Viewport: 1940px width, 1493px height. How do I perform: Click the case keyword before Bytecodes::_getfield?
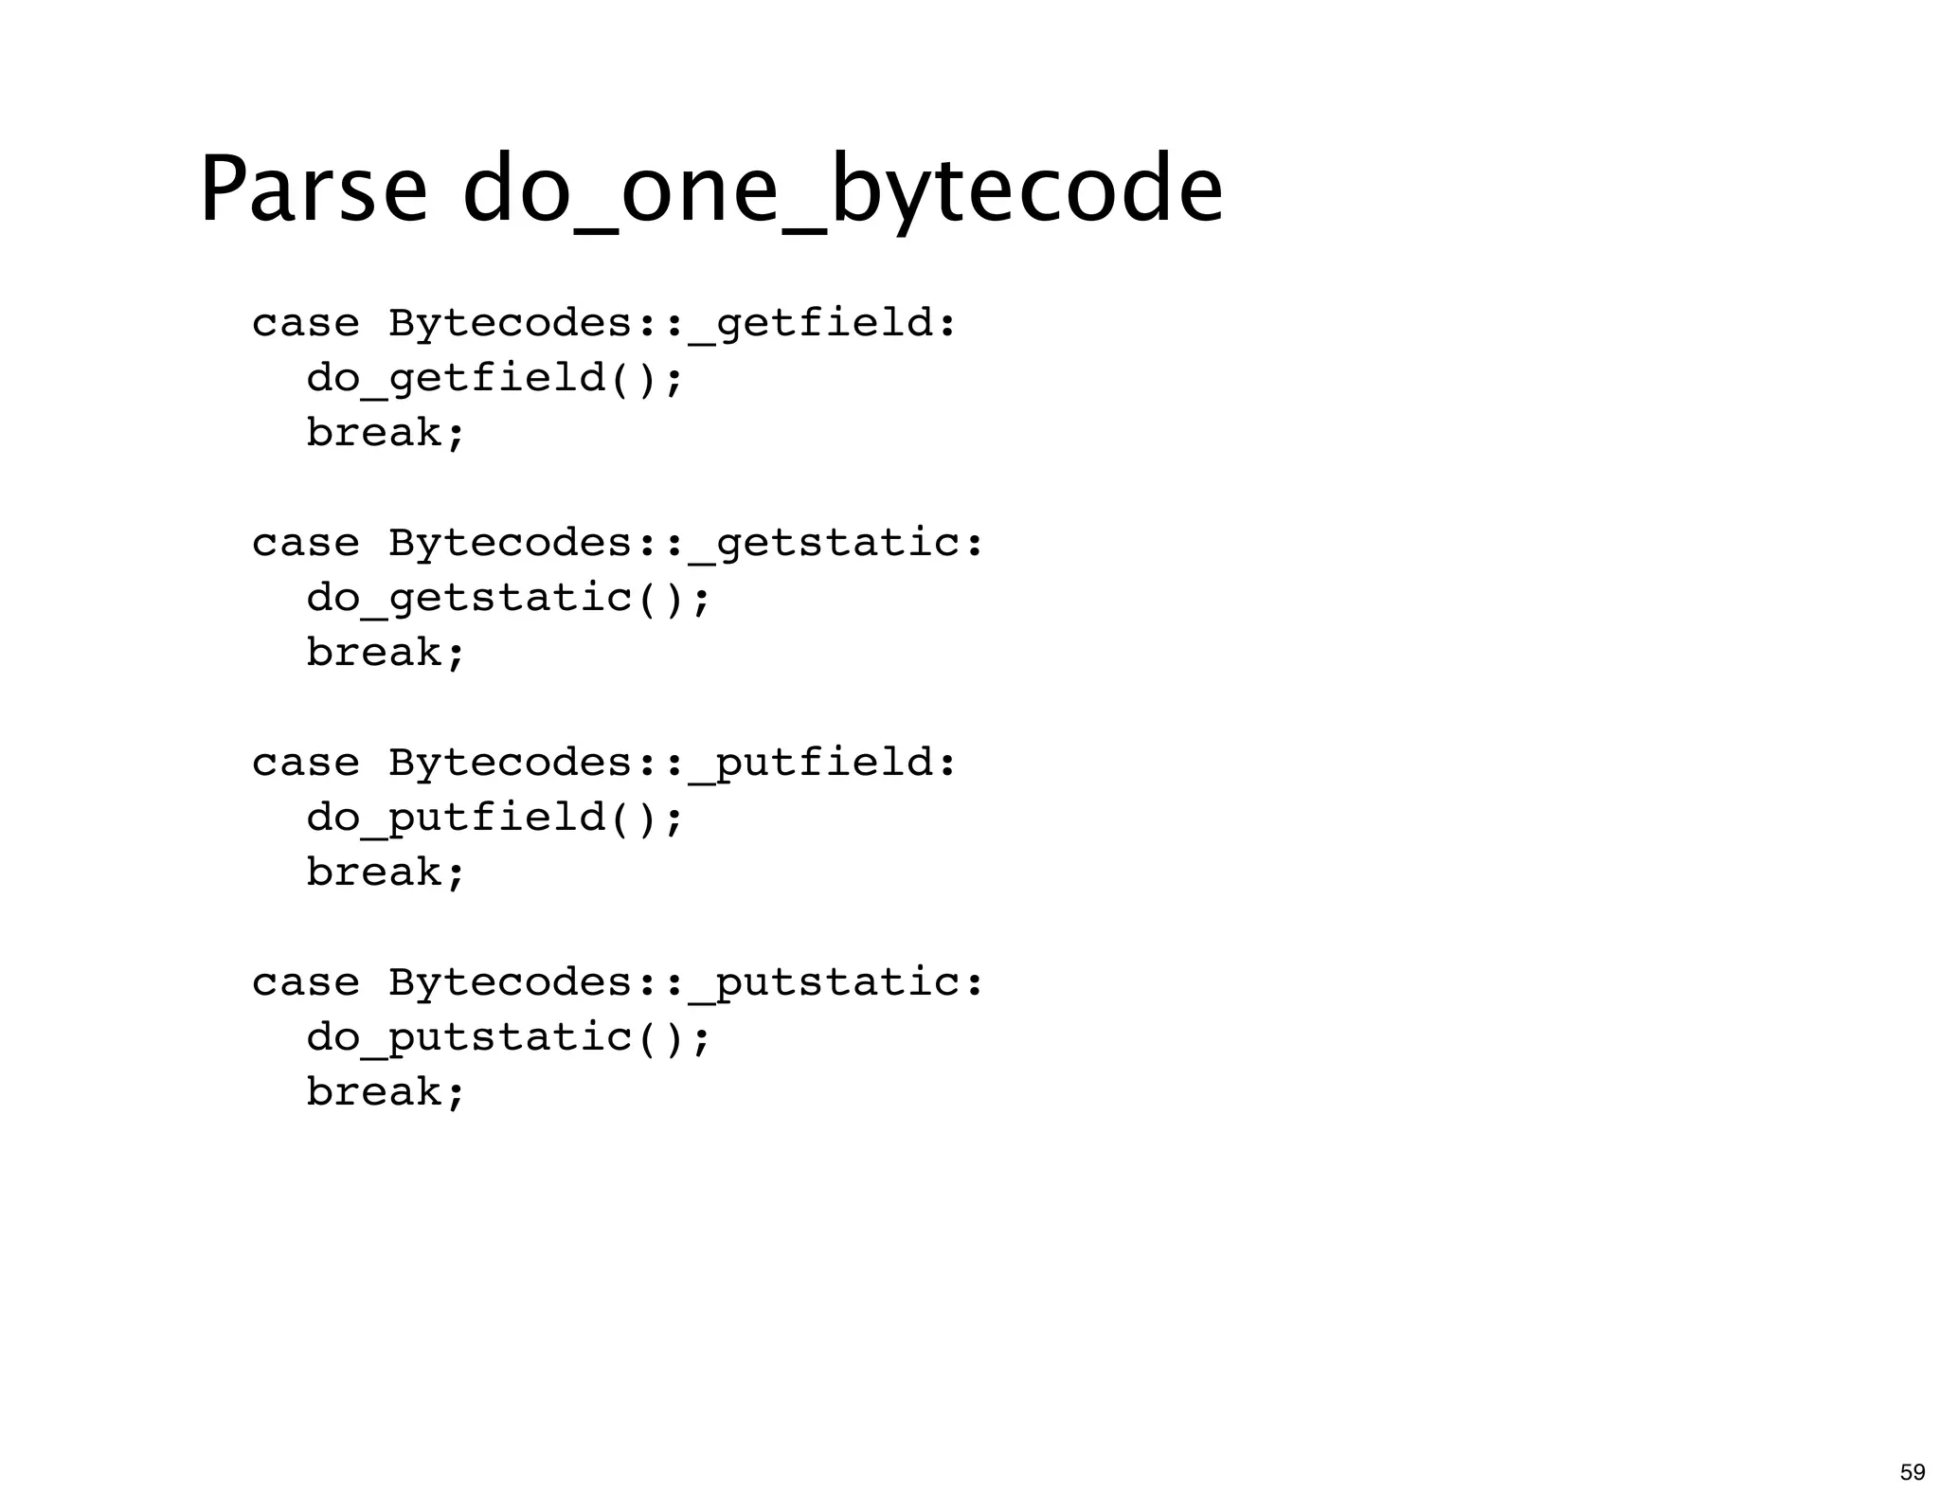tap(305, 324)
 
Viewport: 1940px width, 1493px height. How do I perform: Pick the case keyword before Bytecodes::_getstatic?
tap(305, 544)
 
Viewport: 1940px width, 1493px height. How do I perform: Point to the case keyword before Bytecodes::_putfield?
tap(305, 764)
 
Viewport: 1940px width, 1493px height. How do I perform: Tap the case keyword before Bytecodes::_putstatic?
tap(305, 983)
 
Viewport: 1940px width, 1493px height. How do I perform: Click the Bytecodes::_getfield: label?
tap(673, 324)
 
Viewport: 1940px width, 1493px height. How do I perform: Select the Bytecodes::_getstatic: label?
tap(687, 544)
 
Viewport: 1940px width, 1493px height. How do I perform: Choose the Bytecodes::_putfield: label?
tap(673, 764)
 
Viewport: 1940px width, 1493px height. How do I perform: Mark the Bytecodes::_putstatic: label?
tap(687, 983)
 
